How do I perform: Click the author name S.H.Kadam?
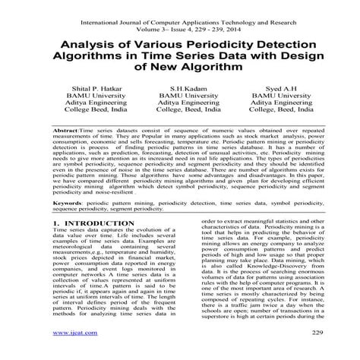click(180, 89)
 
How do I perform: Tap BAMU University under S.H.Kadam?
click(180, 98)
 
